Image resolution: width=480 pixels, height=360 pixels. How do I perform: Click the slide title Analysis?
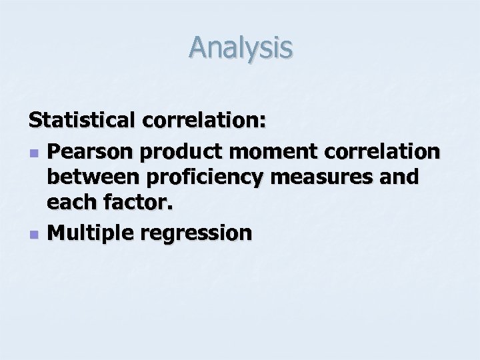point(240,48)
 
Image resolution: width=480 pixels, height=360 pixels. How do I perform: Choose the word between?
point(92,178)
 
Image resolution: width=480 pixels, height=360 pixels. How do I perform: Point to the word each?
point(71,204)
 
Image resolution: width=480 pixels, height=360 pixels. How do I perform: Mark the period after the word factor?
point(169,209)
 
